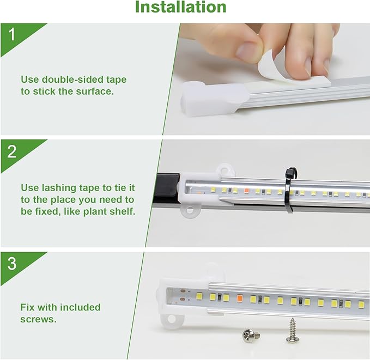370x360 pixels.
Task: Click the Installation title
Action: [180, 8]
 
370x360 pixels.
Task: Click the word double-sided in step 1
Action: [69, 80]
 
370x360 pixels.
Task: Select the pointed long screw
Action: [292, 330]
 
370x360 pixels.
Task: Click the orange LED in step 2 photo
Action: [246, 191]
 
